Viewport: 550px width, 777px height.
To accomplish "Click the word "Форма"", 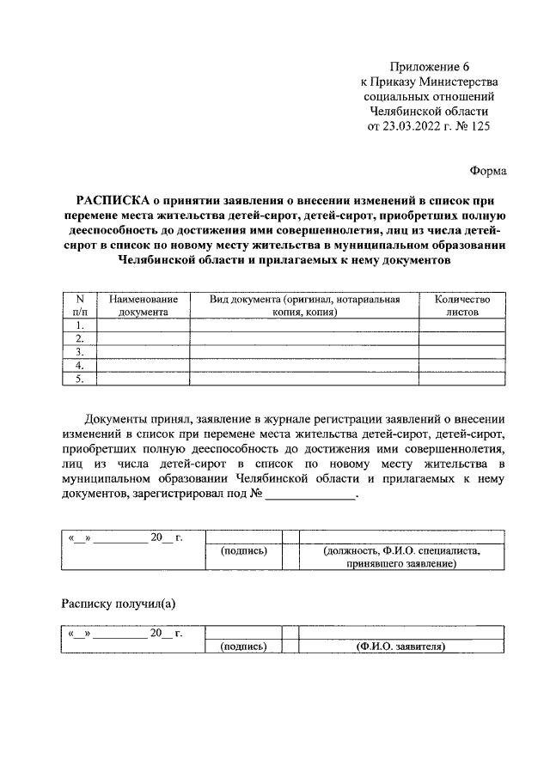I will pyautogui.click(x=488, y=171).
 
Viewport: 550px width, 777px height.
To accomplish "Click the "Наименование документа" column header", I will pyautogui.click(x=144, y=306).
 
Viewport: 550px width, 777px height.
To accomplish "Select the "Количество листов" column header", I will pyautogui.click(x=462, y=306).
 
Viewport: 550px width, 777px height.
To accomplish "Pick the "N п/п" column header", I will pyautogui.click(x=80, y=306).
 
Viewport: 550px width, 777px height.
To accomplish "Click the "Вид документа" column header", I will pyautogui.click(x=305, y=306).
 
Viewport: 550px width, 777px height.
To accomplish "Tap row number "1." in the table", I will pyautogui.click(x=80, y=325).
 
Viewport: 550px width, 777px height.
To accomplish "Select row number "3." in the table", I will pyautogui.click(x=80, y=352).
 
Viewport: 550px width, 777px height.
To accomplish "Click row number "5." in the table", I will pyautogui.click(x=80, y=378).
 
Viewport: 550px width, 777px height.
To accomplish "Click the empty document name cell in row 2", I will pyautogui.click(x=144, y=339).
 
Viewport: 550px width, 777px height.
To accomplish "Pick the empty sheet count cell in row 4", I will pyautogui.click(x=462, y=365).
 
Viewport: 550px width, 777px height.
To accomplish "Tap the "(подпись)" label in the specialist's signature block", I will pyautogui.click(x=244, y=551).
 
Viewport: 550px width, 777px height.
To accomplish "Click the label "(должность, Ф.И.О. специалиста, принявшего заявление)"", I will pyautogui.click(x=400, y=558).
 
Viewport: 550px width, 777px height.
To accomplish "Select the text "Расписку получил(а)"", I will pyautogui.click(x=118, y=603).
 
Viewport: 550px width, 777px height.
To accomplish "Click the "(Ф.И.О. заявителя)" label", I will pyautogui.click(x=400, y=646).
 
